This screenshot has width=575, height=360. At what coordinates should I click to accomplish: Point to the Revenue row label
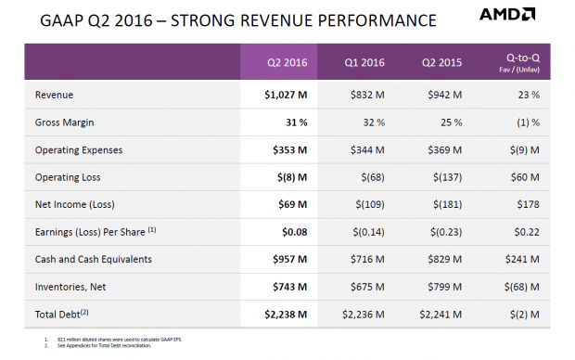55,96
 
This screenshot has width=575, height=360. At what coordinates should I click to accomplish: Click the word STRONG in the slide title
193,19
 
